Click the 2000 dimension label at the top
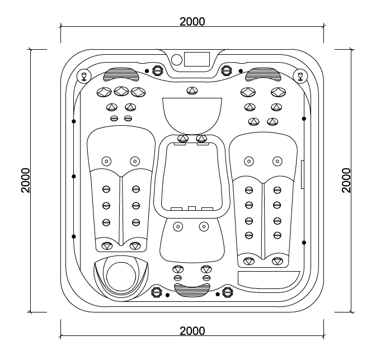[192, 21]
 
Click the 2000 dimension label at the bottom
[192, 330]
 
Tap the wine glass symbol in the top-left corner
[84, 75]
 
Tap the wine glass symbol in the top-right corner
[300, 75]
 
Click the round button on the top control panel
[176, 59]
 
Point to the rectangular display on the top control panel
[196, 59]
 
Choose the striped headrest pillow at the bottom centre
[192, 288]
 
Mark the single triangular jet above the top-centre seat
[192, 91]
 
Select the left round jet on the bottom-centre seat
[178, 226]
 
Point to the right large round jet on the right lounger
[277, 162]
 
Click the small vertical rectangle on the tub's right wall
[302, 174]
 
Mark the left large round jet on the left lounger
[105, 162]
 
